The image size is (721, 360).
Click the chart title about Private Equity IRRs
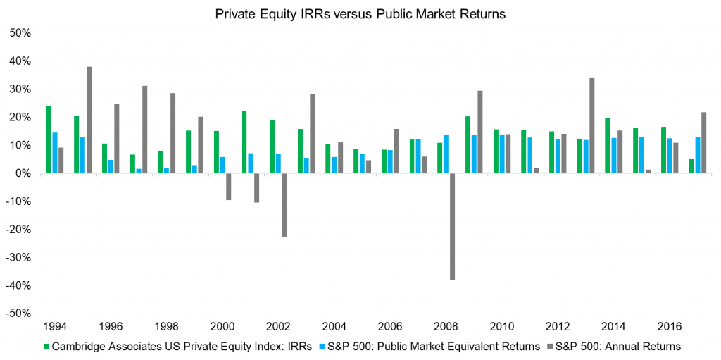point(360,14)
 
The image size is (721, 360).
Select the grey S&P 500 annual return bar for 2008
point(452,226)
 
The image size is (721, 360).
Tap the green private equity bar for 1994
point(48,139)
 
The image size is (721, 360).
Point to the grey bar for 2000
point(229,186)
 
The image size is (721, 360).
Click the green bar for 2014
point(606,145)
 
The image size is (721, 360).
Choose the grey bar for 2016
point(675,158)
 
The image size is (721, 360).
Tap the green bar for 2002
point(271,147)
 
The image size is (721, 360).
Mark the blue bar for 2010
point(501,154)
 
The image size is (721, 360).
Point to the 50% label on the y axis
point(20,33)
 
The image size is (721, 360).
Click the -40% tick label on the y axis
point(19,285)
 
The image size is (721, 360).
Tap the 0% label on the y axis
point(23,173)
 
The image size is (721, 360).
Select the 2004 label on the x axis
point(334,327)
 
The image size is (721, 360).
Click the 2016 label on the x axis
point(668,327)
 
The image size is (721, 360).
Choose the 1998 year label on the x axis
point(166,327)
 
